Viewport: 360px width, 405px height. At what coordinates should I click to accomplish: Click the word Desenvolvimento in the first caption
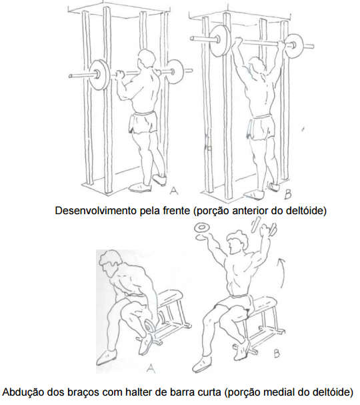point(96,211)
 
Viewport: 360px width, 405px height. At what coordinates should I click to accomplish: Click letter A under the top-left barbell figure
point(174,191)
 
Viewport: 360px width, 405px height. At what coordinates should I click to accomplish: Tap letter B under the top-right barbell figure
point(288,194)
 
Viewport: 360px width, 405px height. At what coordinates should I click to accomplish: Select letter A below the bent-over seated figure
point(151,367)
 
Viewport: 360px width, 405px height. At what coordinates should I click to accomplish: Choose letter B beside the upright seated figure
point(277,353)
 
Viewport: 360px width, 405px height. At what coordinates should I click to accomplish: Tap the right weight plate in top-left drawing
point(175,71)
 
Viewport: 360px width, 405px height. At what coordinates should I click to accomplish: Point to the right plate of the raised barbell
point(293,46)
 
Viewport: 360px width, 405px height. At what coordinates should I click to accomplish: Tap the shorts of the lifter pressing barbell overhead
point(261,127)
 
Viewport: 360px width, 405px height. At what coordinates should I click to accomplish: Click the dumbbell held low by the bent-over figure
point(151,326)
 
